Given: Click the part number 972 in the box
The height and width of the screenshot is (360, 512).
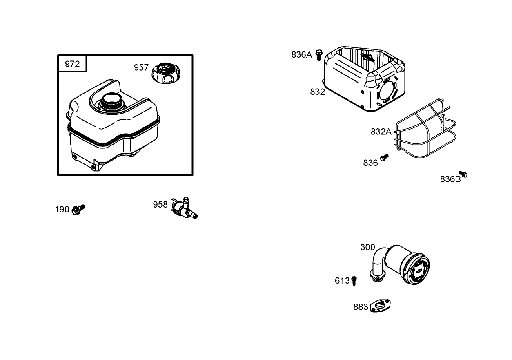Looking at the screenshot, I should tap(72, 64).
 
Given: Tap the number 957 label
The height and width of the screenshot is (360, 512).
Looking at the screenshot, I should tap(141, 67).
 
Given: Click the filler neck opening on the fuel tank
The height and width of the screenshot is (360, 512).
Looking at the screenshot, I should tap(110, 99).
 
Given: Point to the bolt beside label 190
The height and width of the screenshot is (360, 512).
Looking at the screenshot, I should tap(78, 210).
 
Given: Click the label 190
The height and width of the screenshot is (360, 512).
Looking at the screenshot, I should tap(62, 210).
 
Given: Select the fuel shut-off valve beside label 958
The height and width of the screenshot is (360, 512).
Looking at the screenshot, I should tap(184, 208).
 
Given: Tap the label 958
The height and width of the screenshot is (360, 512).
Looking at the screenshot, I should tap(160, 204).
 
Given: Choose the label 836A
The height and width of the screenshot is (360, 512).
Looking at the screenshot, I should tap(301, 54).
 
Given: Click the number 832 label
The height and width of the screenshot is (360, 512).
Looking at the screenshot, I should tap(317, 92).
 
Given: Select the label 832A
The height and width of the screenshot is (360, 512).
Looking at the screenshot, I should tap(381, 132).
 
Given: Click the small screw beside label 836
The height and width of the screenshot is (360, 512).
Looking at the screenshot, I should tap(384, 158).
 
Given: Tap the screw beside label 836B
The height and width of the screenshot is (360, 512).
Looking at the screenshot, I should tap(463, 174).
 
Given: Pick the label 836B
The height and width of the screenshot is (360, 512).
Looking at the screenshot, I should tap(450, 179).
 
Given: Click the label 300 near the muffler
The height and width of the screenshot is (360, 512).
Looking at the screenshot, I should tap(367, 247).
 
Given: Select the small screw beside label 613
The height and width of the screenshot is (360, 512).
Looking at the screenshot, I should tap(354, 281).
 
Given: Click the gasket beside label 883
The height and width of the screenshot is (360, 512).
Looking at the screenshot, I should tap(381, 306).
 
